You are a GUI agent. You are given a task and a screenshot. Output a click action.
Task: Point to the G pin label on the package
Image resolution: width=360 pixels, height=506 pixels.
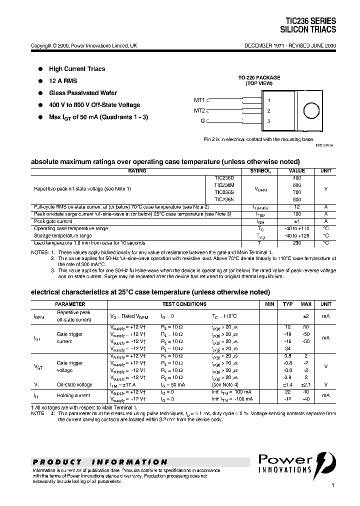pyautogui.click(x=202, y=121)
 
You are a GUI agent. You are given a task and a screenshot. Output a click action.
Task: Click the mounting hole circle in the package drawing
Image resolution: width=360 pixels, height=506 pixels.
pyautogui.click(x=300, y=111)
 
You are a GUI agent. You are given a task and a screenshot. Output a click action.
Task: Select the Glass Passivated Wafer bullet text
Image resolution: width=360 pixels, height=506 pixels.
pyautogui.click(x=83, y=93)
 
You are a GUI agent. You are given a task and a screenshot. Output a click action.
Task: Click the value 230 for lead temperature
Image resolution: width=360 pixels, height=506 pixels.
pyautogui.click(x=297, y=242)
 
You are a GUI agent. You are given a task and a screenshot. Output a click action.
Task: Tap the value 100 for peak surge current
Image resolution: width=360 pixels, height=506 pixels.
pyautogui.click(x=297, y=214)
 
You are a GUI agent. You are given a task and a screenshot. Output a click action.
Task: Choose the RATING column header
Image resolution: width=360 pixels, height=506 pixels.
pyautogui.click(x=137, y=171)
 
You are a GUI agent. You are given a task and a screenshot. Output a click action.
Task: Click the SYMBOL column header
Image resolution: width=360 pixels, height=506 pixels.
pyautogui.click(x=260, y=171)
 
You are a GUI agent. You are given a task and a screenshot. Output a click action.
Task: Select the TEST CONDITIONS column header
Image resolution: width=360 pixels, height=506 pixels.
pyautogui.click(x=184, y=304)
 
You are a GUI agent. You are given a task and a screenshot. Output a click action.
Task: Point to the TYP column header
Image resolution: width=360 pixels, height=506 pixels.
pyautogui.click(x=288, y=304)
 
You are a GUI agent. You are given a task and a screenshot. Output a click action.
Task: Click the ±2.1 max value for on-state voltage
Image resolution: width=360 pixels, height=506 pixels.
pyautogui.click(x=306, y=385)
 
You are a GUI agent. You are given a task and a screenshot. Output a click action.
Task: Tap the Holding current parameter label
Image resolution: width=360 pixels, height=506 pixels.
pyautogui.click(x=74, y=395)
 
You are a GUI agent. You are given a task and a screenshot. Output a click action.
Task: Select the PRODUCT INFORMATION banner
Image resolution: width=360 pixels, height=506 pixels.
pyautogui.click(x=100, y=462)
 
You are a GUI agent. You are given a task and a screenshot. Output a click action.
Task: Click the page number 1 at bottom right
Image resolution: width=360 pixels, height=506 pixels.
pyautogui.click(x=332, y=485)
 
